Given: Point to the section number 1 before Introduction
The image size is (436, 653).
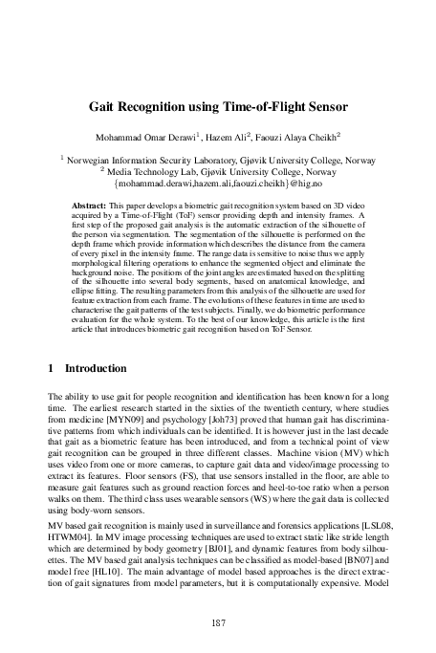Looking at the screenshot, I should coord(50,368).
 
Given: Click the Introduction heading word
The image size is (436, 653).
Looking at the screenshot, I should coord(95,368).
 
